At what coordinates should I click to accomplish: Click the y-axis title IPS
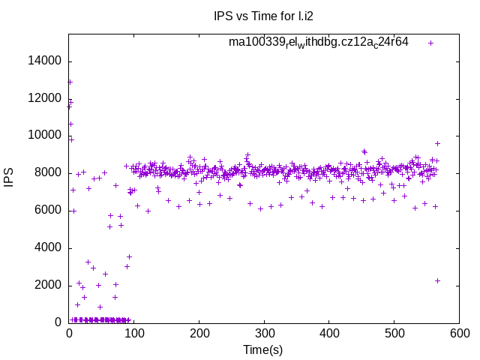coord(9,178)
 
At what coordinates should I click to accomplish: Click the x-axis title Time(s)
coord(263,349)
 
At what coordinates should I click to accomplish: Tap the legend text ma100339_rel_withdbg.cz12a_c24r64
coord(319,42)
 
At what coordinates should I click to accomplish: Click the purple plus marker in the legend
coord(431,43)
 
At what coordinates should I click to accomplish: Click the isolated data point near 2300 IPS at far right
coord(437,280)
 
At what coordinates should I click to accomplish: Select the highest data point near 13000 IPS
coord(70,82)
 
